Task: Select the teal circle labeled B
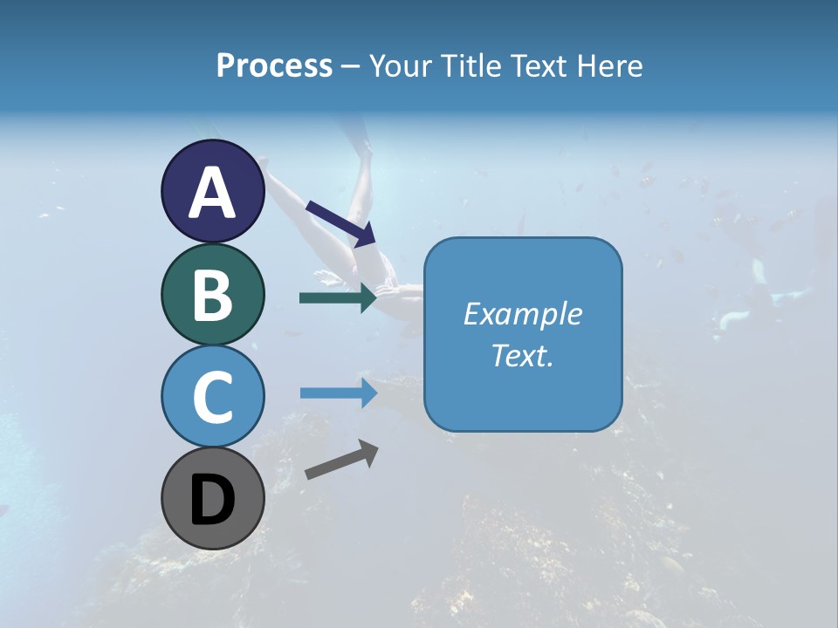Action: [212, 294]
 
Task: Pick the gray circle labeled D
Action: [212, 498]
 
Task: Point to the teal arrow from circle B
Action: [338, 297]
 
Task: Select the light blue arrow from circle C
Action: [338, 393]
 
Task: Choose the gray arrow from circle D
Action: [341, 460]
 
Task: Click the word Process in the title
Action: [274, 65]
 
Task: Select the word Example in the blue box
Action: [522, 314]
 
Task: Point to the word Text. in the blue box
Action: [522, 355]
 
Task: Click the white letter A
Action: [212, 194]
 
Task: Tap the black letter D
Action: [212, 502]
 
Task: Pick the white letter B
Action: [212, 296]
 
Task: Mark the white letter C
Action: [212, 397]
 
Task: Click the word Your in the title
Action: [399, 65]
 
